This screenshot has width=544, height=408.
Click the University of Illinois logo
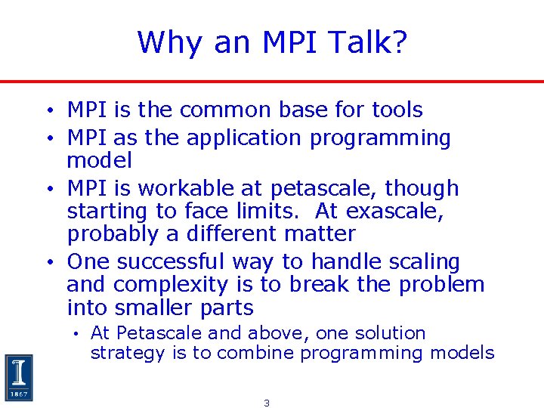18,377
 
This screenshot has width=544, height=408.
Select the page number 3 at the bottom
267,403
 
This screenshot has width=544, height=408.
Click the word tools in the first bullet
397,110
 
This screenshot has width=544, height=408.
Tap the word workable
185,188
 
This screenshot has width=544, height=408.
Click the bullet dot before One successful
48,263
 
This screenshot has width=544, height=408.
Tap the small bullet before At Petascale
77,334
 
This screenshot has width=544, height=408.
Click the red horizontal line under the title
272,82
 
